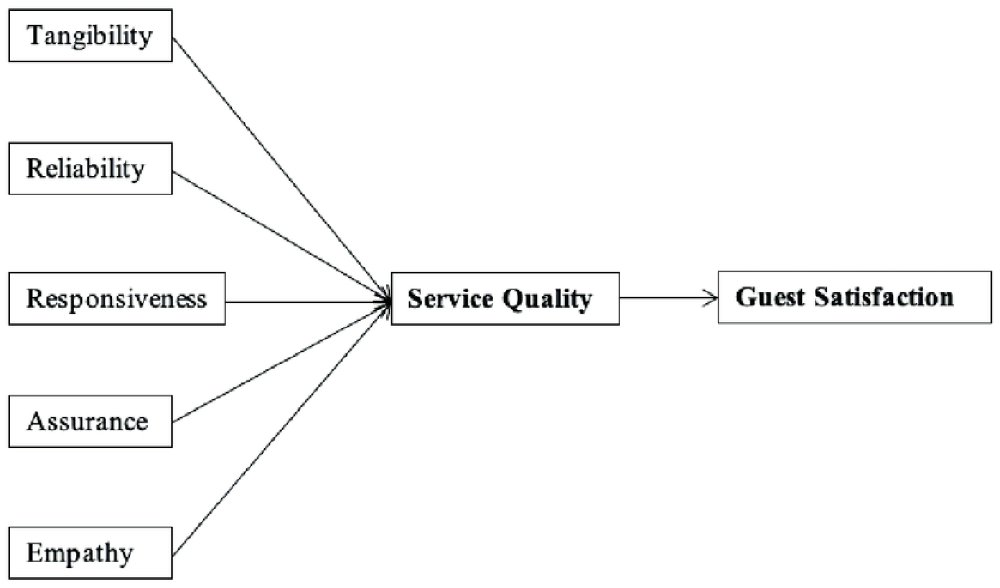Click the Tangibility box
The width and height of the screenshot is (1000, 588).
coord(90,36)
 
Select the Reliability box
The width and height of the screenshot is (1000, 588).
coord(90,169)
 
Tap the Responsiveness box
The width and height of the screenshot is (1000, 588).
coord(117,298)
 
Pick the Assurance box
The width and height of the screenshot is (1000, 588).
coord(90,422)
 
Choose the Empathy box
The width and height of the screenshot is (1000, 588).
coord(90,553)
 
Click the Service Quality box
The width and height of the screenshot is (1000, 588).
coord(505,298)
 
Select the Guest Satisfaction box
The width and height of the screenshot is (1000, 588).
coord(855,297)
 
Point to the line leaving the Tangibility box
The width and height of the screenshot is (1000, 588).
coord(278,169)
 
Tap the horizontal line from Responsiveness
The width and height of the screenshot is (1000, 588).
coord(305,302)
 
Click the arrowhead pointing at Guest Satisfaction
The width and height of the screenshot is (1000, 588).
coord(712,297)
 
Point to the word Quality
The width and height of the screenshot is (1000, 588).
coord(547,300)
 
